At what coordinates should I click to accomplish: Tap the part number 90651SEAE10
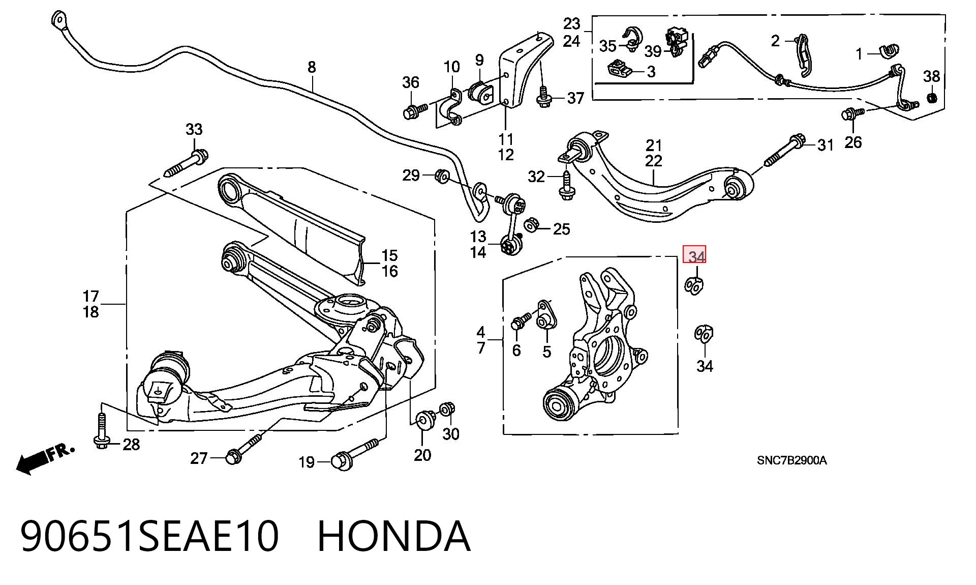150,536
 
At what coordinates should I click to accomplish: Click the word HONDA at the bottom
394,536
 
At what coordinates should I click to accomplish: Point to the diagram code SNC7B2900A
791,460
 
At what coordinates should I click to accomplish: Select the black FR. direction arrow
45,459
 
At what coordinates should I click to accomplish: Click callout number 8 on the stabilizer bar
312,67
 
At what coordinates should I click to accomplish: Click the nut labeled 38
932,97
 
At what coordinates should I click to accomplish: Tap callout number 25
561,229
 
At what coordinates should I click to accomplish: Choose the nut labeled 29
441,176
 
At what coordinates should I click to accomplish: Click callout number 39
653,51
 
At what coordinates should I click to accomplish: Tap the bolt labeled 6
521,321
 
